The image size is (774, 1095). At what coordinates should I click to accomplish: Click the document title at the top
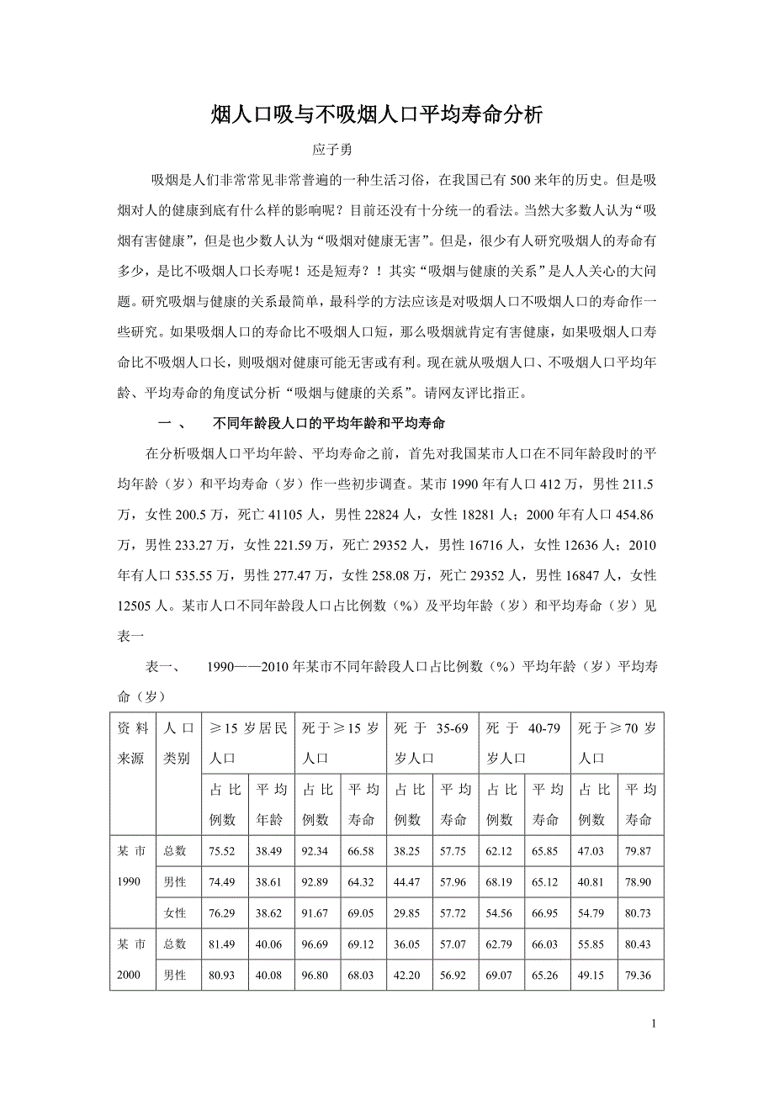(379, 115)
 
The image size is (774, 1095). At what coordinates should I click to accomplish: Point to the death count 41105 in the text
(291, 515)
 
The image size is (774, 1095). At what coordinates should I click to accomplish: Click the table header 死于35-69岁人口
(432, 743)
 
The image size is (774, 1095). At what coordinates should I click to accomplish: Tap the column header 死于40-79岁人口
(524, 743)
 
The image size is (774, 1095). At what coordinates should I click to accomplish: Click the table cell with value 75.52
(225, 851)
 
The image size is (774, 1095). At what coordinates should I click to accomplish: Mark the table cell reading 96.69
(316, 944)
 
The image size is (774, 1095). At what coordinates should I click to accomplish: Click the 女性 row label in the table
(175, 913)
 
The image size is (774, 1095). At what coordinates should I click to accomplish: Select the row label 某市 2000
(131, 960)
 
